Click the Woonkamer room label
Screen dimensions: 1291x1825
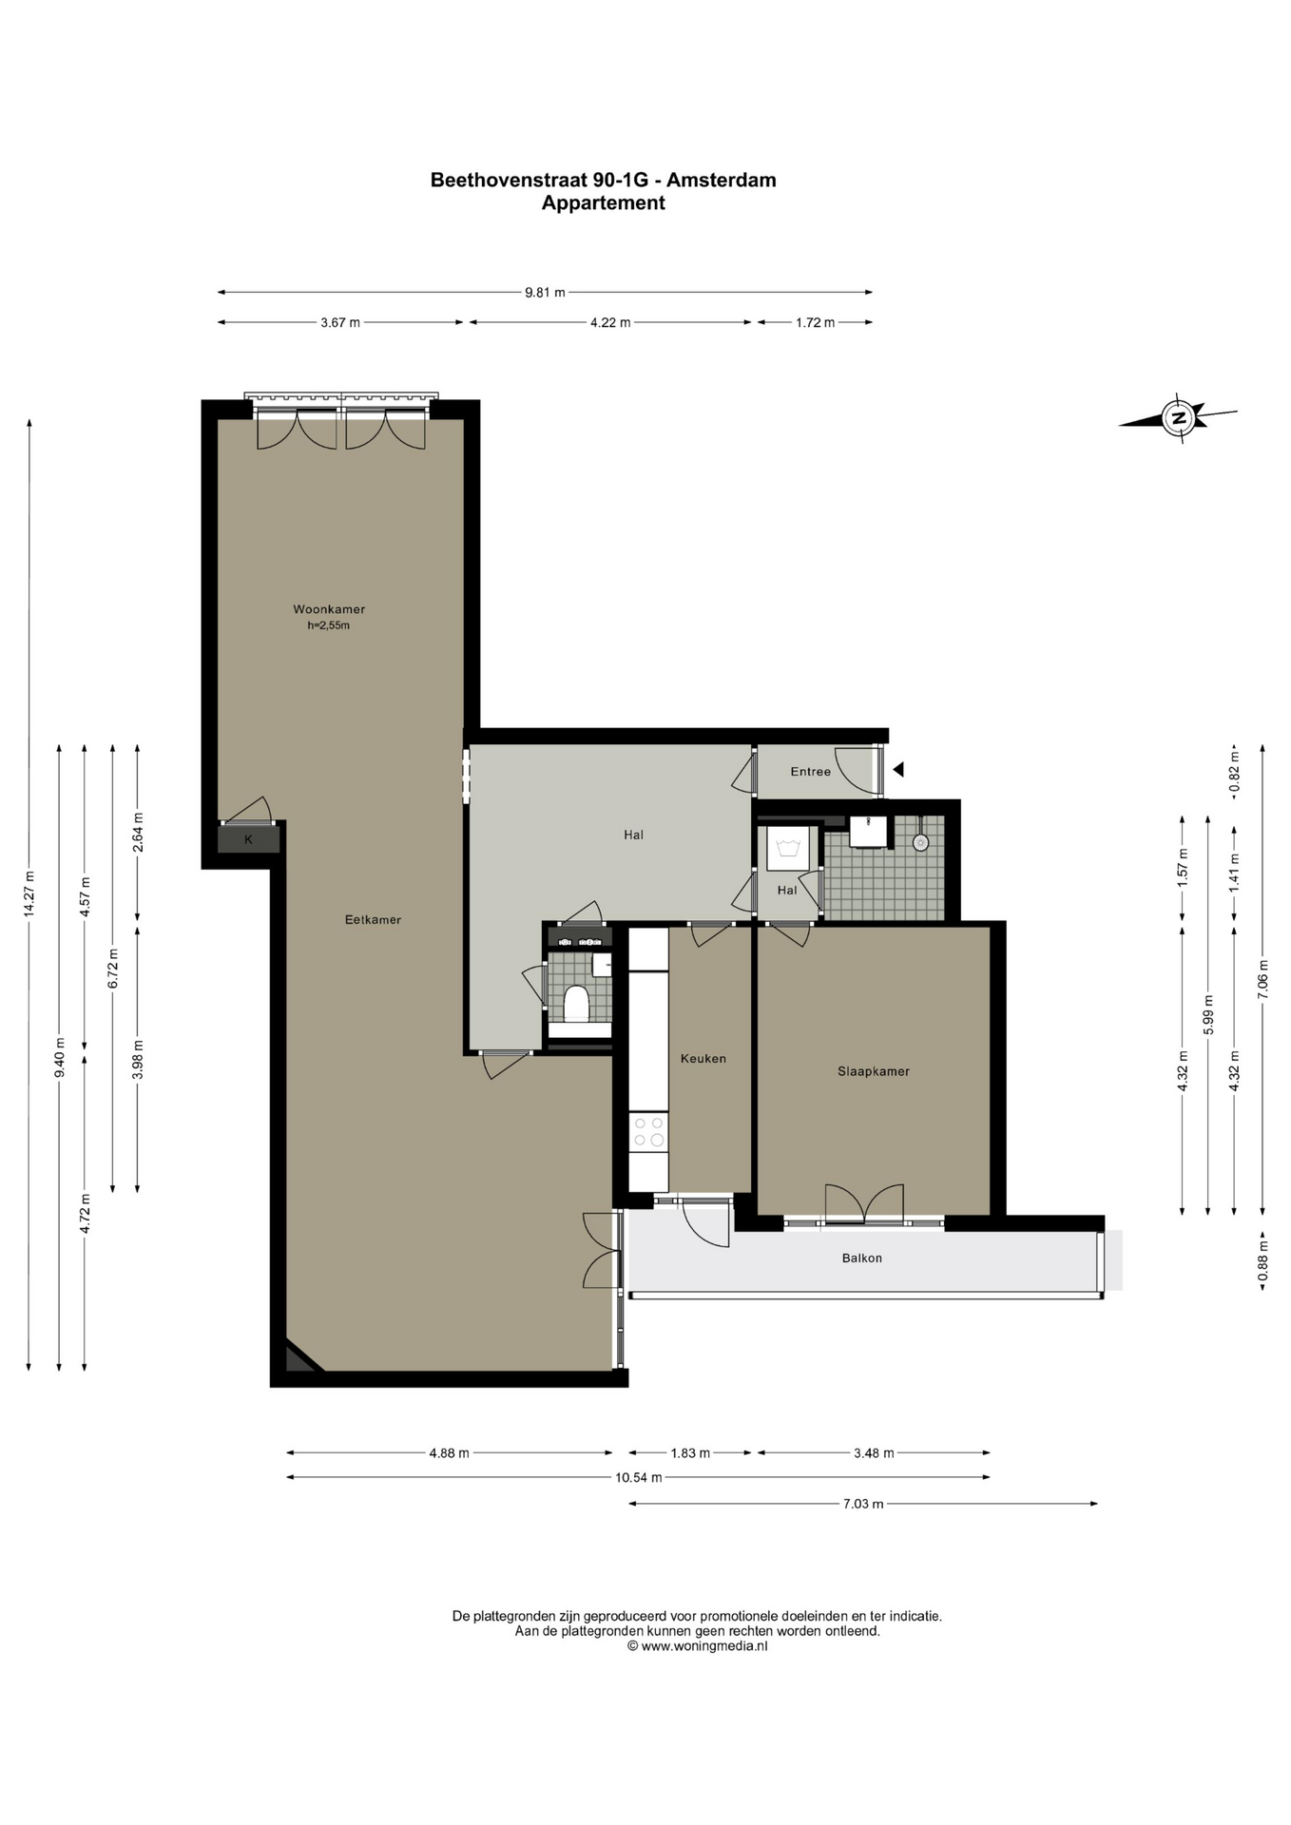pos(329,609)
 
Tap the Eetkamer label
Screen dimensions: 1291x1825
pos(373,919)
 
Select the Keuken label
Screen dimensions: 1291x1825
pos(703,1058)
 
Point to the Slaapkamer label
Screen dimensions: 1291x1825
pos(874,1071)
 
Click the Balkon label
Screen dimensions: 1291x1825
pos(862,1258)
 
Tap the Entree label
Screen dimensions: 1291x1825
pos(811,771)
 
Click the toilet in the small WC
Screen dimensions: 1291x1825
pos(576,1003)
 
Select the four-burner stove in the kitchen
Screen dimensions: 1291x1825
pos(649,1131)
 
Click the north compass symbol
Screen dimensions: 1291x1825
pos(1179,417)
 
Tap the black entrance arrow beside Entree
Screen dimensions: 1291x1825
pos(898,770)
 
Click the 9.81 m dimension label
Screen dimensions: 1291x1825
pos(545,293)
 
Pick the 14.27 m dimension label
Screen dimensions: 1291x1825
pos(29,893)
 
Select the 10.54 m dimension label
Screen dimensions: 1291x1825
pos(639,1477)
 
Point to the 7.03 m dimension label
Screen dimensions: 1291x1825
pos(863,1504)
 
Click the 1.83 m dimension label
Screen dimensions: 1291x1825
pos(690,1452)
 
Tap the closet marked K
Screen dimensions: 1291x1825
pos(249,839)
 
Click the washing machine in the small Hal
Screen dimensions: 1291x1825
pos(787,847)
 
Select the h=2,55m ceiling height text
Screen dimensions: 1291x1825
pos(329,625)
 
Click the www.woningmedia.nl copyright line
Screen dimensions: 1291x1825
pos(698,1646)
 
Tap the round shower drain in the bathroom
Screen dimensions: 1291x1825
pos(920,842)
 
